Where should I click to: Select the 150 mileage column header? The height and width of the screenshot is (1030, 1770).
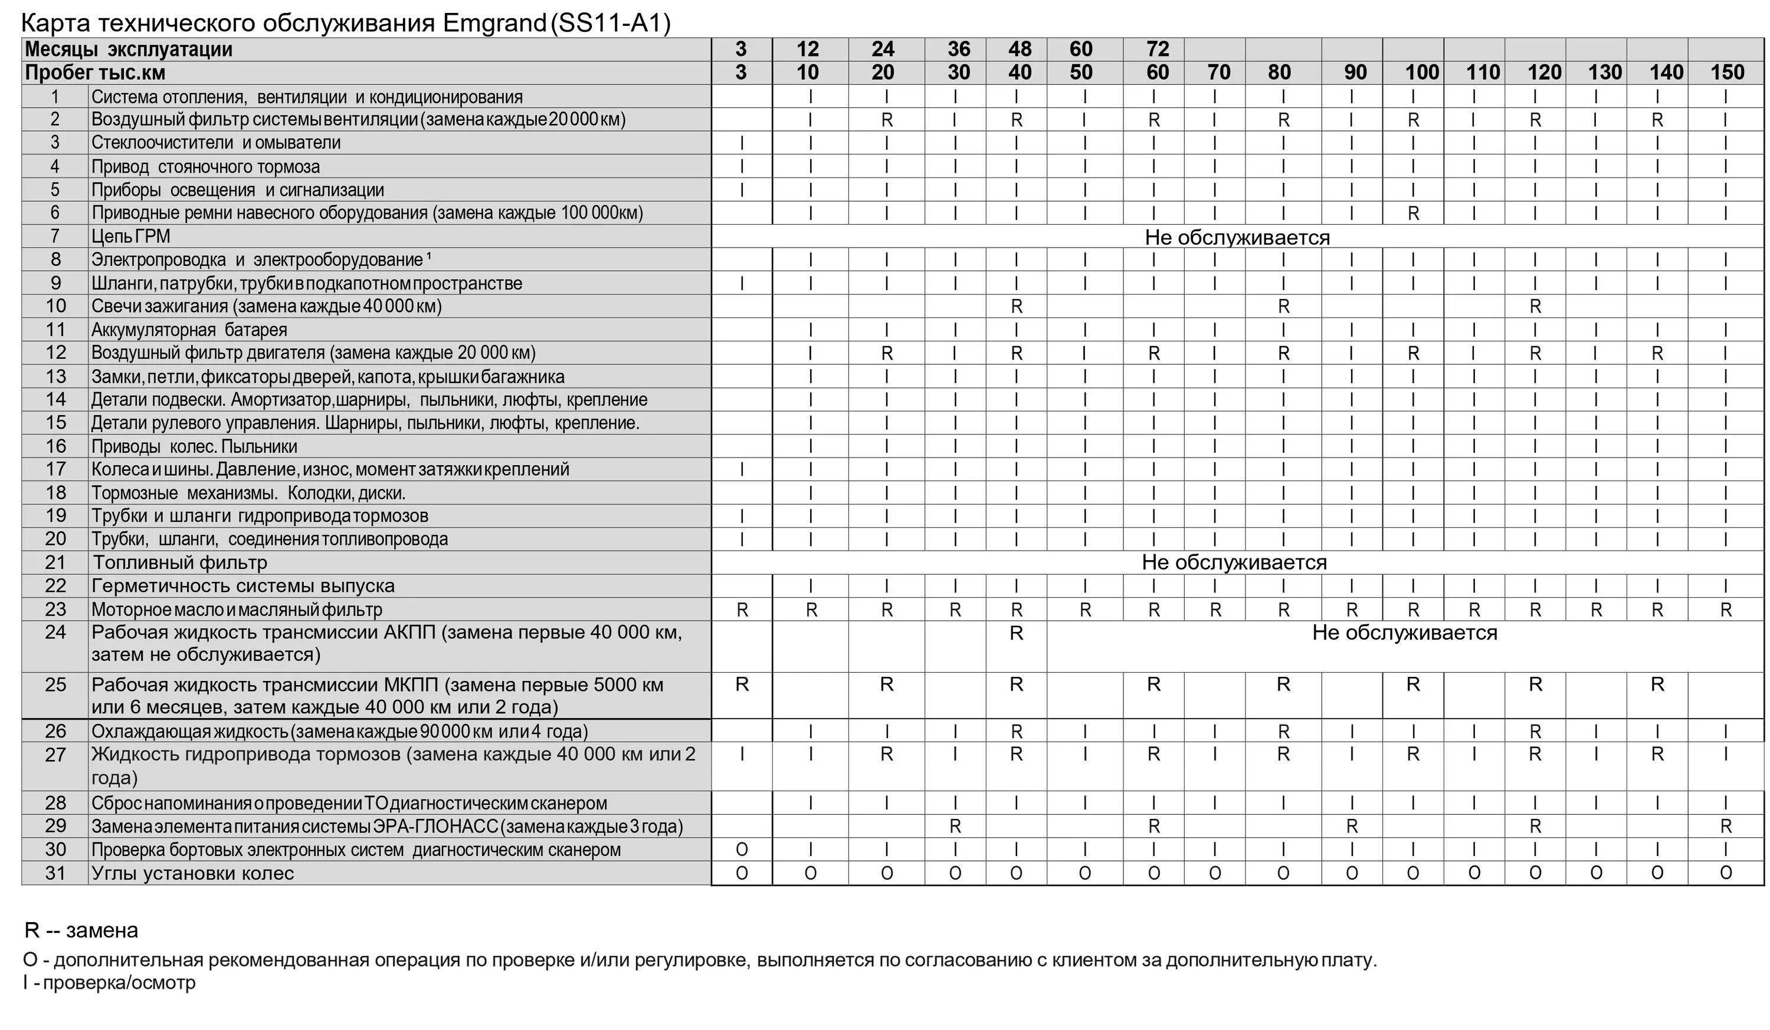click(1727, 73)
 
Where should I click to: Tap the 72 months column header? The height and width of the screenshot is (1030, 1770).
click(1158, 49)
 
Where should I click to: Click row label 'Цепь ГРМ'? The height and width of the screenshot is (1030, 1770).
click(130, 236)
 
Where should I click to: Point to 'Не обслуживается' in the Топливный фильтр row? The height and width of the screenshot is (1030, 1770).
click(1234, 562)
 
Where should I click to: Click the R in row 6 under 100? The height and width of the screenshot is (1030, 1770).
click(1413, 213)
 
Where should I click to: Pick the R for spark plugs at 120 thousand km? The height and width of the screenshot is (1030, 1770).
click(1535, 307)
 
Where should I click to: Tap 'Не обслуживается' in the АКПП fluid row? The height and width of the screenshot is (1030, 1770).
click(1405, 633)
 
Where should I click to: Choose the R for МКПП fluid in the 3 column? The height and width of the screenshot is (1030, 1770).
click(742, 685)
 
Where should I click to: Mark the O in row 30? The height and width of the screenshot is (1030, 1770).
click(742, 850)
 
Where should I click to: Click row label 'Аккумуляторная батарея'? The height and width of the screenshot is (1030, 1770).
click(189, 330)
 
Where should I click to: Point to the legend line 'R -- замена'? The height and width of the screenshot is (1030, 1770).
click(81, 931)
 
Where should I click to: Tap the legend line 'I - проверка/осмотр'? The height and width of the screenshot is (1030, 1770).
click(110, 983)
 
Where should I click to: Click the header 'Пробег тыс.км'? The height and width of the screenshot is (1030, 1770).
click(95, 73)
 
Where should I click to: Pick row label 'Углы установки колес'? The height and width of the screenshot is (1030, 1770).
click(192, 873)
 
